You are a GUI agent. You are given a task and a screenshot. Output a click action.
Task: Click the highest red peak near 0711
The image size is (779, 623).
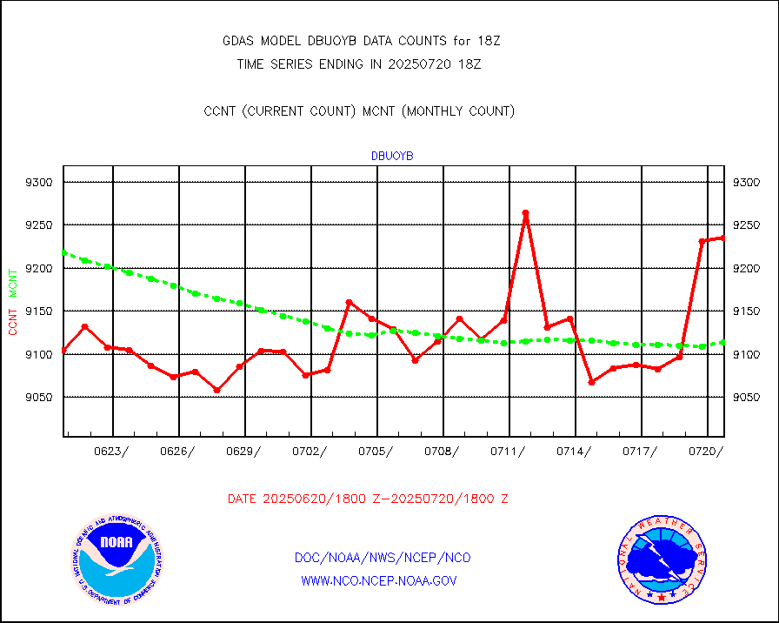[525, 213]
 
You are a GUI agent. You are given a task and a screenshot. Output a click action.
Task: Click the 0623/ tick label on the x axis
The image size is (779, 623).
[112, 451]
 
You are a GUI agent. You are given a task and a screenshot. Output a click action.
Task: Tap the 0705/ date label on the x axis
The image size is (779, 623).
[376, 451]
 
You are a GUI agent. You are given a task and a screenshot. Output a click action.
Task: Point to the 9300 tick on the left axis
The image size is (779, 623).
[40, 183]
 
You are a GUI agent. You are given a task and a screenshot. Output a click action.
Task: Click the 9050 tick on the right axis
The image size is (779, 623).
[749, 398]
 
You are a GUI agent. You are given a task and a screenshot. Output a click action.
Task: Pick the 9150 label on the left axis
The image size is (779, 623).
[40, 311]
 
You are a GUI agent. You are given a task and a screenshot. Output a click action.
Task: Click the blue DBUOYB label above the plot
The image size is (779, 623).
[392, 156]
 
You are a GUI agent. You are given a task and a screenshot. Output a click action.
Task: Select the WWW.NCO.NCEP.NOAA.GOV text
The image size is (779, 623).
[379, 580]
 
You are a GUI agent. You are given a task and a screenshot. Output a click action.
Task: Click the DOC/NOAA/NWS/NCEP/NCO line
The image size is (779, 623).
[383, 558]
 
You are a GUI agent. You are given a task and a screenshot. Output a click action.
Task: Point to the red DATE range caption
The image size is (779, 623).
[368, 499]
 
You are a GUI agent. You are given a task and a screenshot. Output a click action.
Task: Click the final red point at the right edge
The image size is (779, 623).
[723, 238]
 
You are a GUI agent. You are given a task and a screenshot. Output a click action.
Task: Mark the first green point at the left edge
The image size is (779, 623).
[64, 252]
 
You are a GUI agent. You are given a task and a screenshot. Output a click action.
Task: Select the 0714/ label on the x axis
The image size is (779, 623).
[574, 451]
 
